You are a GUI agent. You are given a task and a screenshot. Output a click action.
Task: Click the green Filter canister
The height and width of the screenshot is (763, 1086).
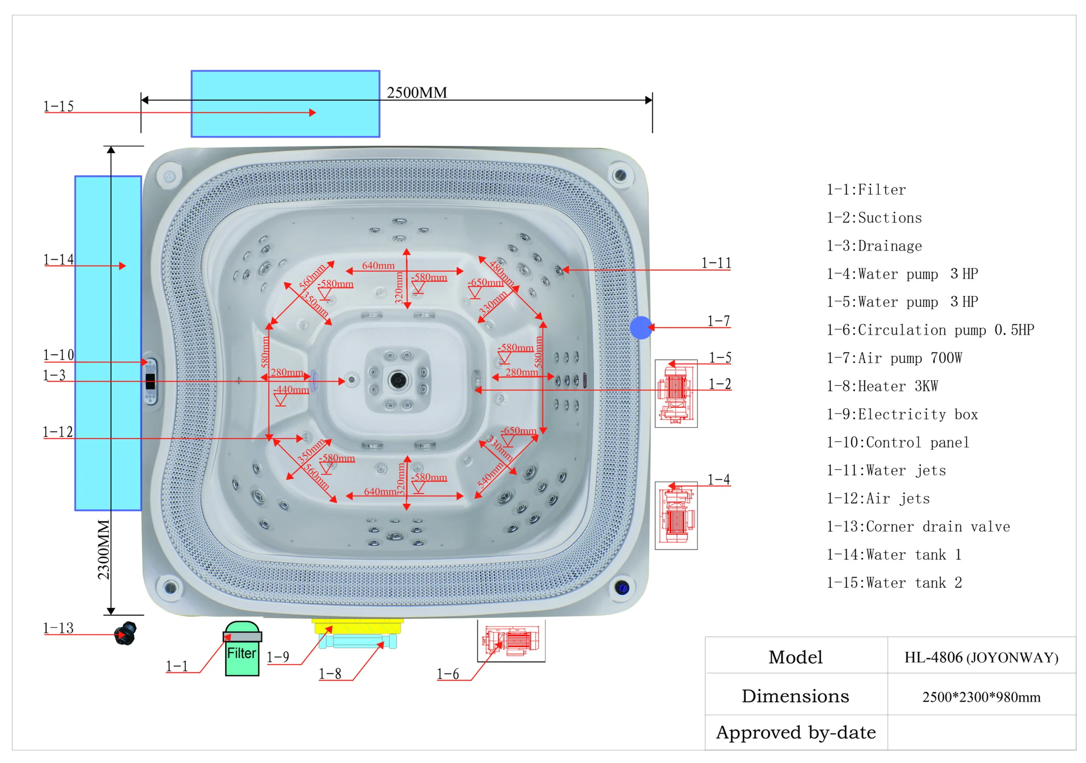click(242, 649)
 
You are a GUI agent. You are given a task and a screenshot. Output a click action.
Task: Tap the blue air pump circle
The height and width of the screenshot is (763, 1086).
click(641, 327)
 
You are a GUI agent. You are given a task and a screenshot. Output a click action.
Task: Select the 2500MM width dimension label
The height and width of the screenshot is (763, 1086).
click(417, 93)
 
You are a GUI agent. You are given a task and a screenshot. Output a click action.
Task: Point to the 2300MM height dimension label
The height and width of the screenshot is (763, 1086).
click(104, 549)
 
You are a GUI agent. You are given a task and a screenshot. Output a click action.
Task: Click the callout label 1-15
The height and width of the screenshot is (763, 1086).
click(59, 107)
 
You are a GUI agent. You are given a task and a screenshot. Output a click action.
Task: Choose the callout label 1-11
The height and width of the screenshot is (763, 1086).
click(716, 263)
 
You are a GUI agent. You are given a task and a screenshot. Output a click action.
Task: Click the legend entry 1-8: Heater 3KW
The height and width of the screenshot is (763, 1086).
click(882, 386)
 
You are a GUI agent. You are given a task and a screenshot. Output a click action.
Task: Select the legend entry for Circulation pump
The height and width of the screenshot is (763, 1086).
click(930, 330)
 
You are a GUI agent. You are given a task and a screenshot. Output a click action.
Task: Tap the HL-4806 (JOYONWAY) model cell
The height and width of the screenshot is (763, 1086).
click(981, 657)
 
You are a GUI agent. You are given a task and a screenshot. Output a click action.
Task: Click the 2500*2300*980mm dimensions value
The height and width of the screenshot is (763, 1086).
click(981, 697)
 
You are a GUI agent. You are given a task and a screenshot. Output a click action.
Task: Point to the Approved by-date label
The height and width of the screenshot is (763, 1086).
click(795, 732)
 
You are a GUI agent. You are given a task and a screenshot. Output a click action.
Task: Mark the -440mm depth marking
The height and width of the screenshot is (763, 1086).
click(292, 390)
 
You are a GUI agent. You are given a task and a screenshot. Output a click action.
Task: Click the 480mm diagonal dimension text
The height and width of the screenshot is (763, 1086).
click(501, 273)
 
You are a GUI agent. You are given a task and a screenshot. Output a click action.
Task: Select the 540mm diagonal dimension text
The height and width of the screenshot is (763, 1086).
click(490, 476)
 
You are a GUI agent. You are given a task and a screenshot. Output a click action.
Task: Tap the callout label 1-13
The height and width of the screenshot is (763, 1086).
click(58, 628)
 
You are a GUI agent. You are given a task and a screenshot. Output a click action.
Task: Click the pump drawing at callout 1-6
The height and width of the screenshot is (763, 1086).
click(511, 641)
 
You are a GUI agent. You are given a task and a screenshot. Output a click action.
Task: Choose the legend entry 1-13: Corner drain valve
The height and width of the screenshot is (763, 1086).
click(918, 527)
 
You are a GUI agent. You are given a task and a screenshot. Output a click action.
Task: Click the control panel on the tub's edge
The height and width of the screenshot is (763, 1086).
click(151, 381)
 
